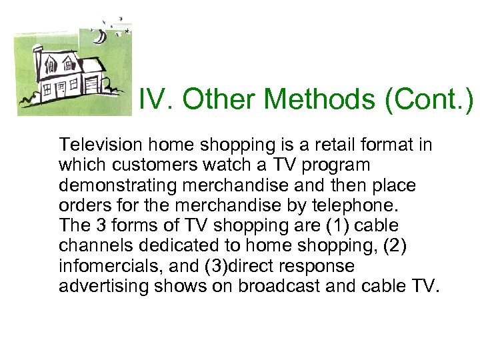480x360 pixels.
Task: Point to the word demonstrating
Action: click(x=117, y=185)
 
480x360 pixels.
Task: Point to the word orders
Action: click(x=80, y=205)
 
